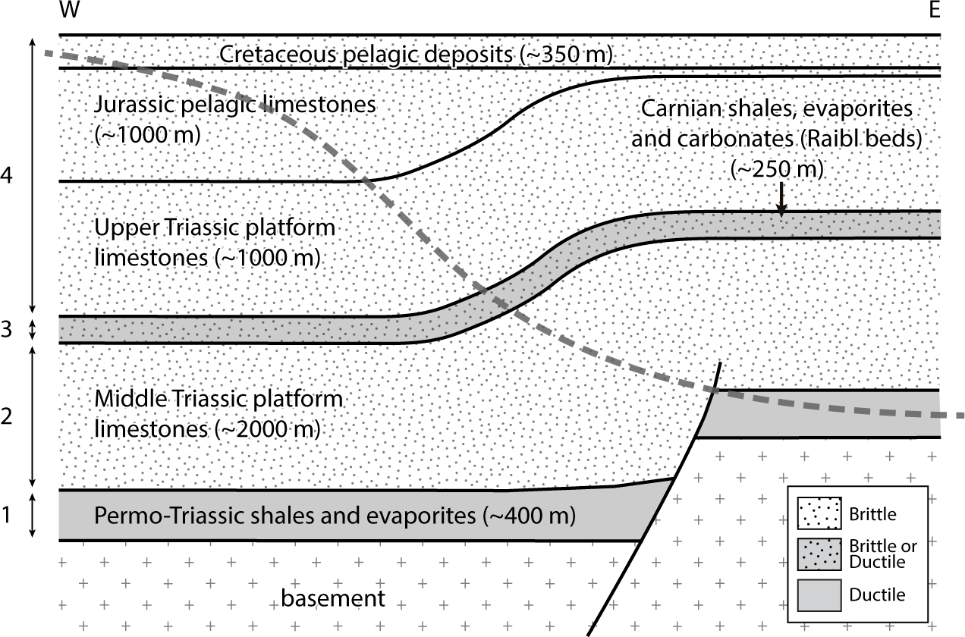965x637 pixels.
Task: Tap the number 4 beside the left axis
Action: pos(8,176)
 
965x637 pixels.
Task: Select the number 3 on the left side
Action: pos(8,331)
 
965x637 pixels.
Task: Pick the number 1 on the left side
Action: pos(8,516)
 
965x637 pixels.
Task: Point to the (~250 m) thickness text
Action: pos(776,169)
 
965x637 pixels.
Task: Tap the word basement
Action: pos(333,598)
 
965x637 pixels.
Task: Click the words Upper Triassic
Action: pos(156,227)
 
